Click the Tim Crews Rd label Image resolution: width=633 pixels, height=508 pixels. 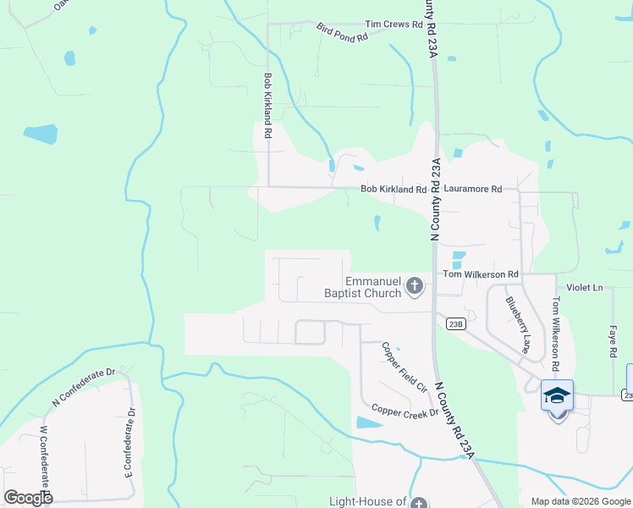click(x=394, y=25)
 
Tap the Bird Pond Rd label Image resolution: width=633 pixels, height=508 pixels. click(x=342, y=33)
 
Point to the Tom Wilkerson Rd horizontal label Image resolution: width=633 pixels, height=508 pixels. click(x=481, y=275)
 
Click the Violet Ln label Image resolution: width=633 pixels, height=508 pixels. click(x=585, y=288)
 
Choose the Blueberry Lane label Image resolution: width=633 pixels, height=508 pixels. click(x=517, y=323)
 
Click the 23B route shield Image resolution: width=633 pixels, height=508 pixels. click(x=455, y=323)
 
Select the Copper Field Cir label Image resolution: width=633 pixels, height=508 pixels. click(x=403, y=367)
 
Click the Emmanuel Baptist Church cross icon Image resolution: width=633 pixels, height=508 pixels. click(x=415, y=286)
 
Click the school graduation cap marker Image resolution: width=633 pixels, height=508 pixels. click(x=557, y=395)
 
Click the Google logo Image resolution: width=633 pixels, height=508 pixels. click(x=28, y=497)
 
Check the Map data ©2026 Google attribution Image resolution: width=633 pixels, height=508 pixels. click(x=580, y=501)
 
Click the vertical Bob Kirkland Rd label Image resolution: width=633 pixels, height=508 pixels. click(x=267, y=105)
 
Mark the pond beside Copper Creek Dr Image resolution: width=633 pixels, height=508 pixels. click(x=369, y=422)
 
